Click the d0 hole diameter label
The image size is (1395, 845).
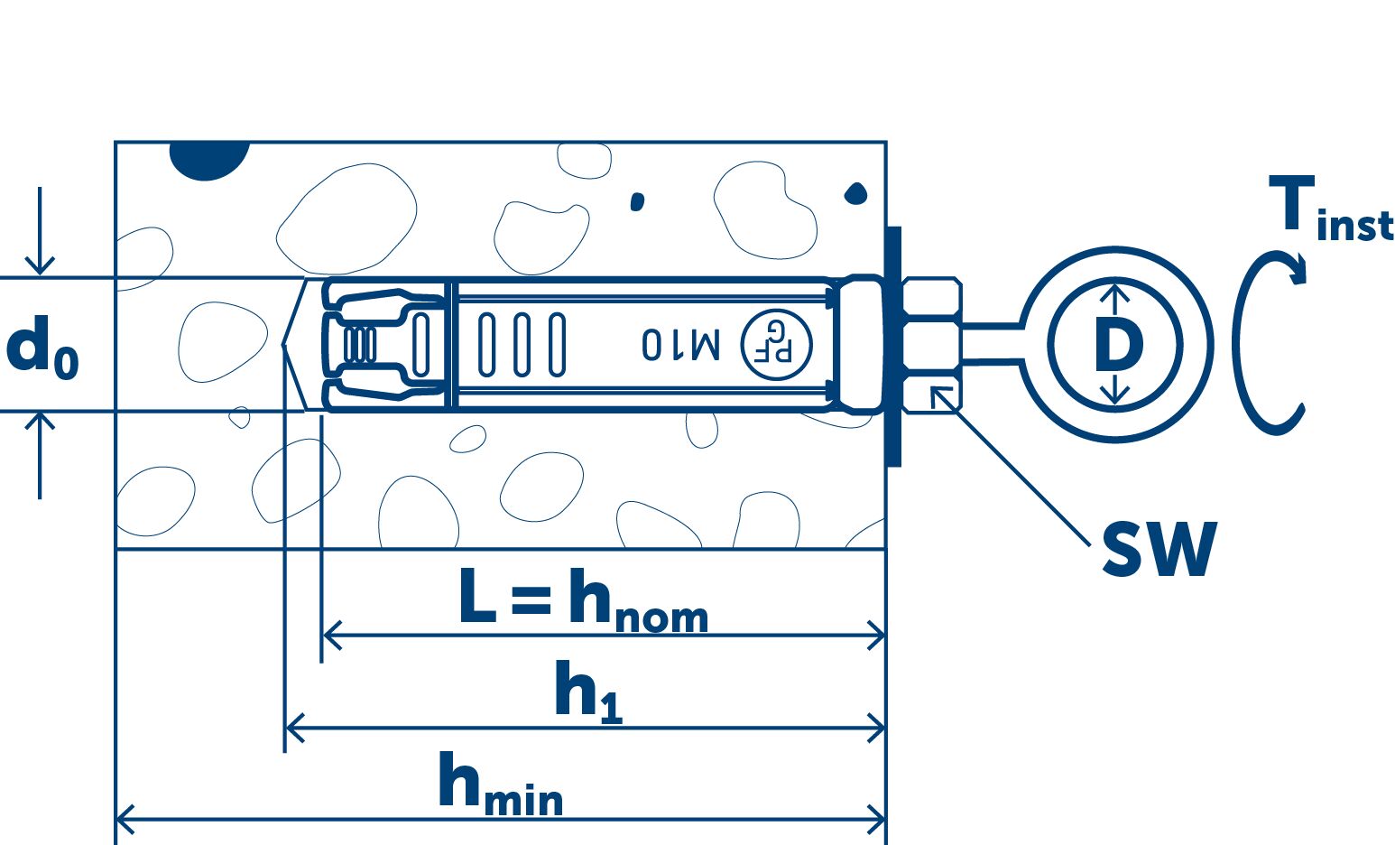[42, 349]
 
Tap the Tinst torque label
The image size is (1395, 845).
[1329, 209]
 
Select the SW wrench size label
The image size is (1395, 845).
[1159, 549]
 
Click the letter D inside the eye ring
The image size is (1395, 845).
[1117, 345]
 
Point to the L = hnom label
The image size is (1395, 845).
[583, 599]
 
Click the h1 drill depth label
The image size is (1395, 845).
[587, 692]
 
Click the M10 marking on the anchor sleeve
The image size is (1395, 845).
[681, 344]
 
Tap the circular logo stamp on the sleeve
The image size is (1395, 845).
[776, 344]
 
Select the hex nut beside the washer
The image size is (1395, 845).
[930, 345]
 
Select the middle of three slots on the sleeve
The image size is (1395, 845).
[522, 344]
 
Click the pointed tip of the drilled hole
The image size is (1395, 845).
[283, 344]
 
